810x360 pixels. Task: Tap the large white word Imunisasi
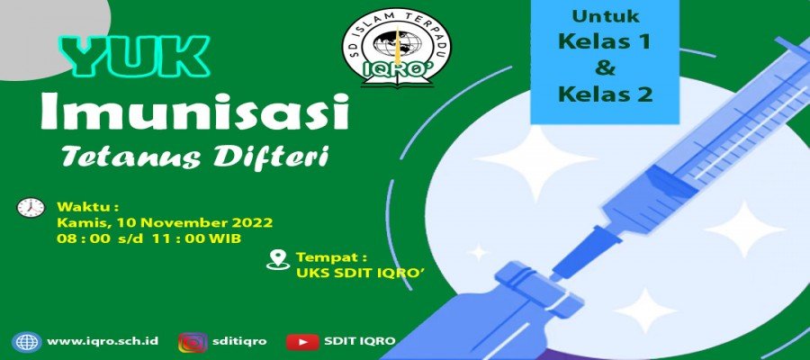pos(195,112)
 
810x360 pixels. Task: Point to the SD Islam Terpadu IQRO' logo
pos(396,48)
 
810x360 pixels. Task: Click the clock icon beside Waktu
pos(31,207)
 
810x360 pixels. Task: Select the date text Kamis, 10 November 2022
pos(165,223)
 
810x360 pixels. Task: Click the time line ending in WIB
pos(148,239)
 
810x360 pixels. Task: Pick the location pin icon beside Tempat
pos(278,259)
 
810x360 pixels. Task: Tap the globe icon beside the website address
pos(27,342)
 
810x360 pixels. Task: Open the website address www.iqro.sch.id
pos(103,341)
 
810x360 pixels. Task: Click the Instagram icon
pos(193,342)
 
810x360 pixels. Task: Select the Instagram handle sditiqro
pos(239,341)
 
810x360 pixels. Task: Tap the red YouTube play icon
pos(302,342)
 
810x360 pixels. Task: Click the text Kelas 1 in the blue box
pos(604,41)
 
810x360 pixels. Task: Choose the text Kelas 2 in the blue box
pos(605,94)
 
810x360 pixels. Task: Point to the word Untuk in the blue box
pos(605,16)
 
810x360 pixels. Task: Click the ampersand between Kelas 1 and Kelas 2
pos(605,67)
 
